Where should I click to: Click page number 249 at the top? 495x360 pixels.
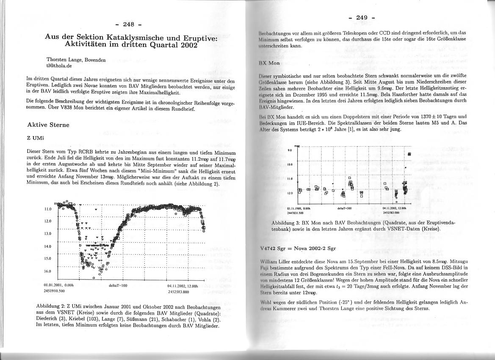coord(362,17)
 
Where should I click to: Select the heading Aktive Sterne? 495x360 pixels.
coord(48,125)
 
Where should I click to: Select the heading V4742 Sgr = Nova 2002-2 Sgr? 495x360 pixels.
coord(298,248)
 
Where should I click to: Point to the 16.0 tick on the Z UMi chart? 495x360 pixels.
coord(47,271)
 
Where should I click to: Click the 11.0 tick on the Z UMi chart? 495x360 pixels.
coord(47,209)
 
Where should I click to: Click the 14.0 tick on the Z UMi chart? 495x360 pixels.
coord(47,246)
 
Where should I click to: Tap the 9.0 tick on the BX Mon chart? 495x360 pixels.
coord(290,150)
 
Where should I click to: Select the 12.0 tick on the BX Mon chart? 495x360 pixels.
coord(290,193)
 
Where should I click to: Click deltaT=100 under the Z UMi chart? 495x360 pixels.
coord(118,285)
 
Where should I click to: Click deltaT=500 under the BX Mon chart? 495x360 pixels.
coord(342,208)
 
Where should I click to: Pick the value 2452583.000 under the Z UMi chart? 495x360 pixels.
coord(178,291)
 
